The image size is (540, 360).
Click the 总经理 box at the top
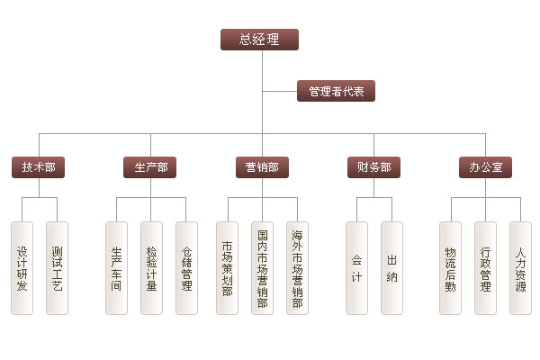(259, 39)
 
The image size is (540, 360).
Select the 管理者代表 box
(336, 91)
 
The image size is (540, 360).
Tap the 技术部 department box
(39, 166)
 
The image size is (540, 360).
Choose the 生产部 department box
(150, 166)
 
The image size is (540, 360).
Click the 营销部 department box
(262, 166)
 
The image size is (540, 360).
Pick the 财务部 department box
(373, 166)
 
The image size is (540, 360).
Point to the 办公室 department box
(485, 166)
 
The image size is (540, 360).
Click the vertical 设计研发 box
(22, 267)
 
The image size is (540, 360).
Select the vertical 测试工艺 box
(57, 267)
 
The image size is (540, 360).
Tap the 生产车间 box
(116, 267)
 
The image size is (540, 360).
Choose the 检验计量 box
(151, 267)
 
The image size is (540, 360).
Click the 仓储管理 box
(186, 267)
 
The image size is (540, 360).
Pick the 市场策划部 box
(227, 267)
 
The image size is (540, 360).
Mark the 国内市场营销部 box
(262, 267)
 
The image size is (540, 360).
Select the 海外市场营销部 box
(297, 267)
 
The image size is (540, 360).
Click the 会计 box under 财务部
(356, 267)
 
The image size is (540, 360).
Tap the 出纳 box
(391, 267)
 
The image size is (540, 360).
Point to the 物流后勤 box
(450, 267)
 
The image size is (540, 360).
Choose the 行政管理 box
(485, 267)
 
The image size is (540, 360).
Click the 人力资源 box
(520, 267)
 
